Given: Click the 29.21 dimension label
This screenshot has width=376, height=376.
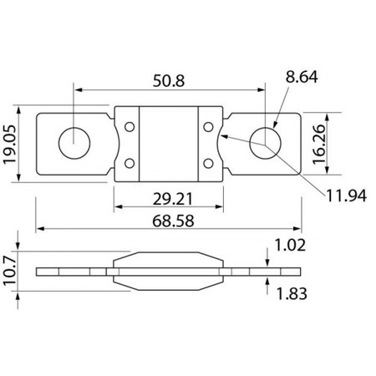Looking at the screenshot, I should pos(170,198).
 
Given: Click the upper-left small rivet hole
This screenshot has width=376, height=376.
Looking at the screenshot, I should pos(130,125).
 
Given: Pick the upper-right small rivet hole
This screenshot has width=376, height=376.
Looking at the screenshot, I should pos(209,125).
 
